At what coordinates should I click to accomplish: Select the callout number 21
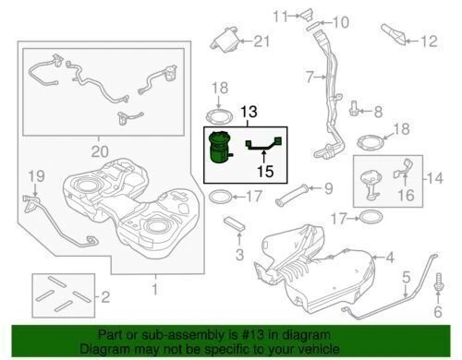coord(261,41)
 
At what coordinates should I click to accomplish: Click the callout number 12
coord(427,41)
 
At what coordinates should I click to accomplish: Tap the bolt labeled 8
coord(354,112)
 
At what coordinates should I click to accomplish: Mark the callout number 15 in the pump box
coord(265,171)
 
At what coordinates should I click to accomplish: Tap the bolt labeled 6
coord(435,293)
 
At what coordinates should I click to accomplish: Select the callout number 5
coord(404,277)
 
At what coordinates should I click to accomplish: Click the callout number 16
coord(406,195)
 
